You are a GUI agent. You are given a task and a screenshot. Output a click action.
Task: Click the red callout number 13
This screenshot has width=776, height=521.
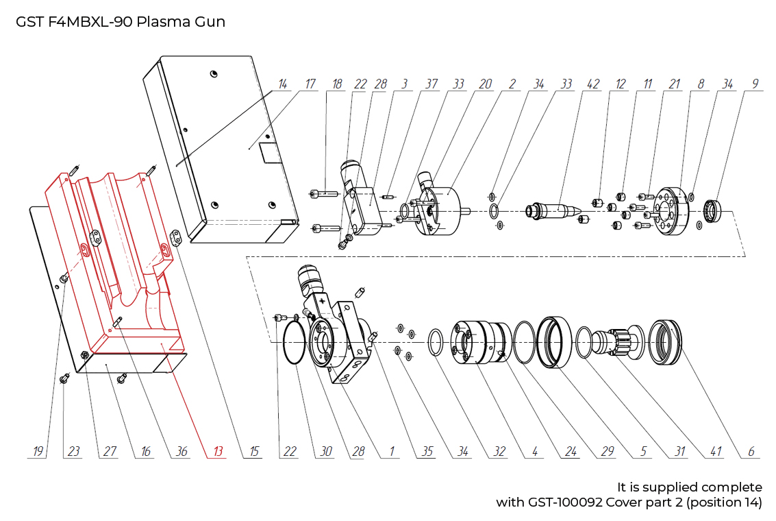point(218,451)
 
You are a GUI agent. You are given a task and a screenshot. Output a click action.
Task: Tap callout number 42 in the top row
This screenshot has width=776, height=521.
point(593,84)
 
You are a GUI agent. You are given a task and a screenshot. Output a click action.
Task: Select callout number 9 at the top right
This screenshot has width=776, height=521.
point(755,84)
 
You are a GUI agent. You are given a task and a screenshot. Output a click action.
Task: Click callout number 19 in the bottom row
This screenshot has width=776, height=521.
point(38,451)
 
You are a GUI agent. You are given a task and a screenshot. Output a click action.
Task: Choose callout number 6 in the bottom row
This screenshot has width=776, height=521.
point(751,451)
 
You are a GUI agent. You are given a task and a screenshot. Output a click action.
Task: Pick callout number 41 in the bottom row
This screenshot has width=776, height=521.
point(715,451)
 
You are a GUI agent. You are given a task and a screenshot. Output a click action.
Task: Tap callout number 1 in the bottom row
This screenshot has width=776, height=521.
point(392,451)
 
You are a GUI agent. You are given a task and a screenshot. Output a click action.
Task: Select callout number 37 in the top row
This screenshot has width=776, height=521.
point(431,84)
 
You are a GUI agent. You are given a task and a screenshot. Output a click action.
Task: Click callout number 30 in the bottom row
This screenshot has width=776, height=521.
point(326,451)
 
